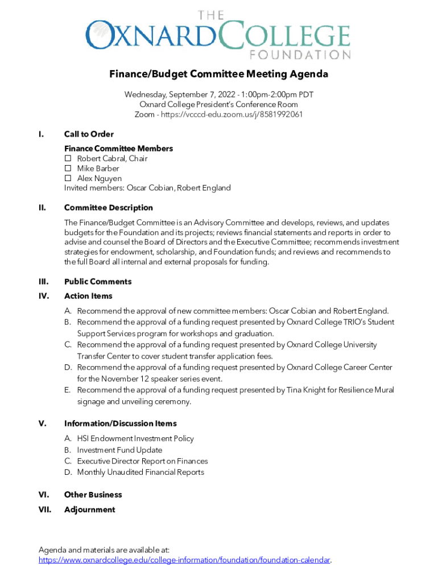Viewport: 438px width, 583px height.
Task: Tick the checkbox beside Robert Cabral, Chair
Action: pos(67,158)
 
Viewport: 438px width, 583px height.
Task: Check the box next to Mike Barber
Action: pos(67,169)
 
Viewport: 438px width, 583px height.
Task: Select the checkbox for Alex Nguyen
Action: pos(67,179)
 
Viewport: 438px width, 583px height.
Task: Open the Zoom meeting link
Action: pos(232,114)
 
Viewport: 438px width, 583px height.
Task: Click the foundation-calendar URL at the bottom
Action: pos(184,560)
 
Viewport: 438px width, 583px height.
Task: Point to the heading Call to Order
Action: pos(89,134)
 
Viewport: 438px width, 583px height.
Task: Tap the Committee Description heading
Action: pos(108,208)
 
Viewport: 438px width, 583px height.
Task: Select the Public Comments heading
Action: pos(98,282)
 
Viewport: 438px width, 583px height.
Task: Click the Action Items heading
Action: pos(88,296)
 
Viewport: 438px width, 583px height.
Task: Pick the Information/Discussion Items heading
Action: pos(120,424)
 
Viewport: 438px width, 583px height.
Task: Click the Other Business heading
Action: pos(93,495)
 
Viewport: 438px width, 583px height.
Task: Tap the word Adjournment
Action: pos(89,510)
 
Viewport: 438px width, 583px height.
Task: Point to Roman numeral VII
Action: pos(45,510)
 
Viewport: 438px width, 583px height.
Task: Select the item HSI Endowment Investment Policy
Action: pos(135,438)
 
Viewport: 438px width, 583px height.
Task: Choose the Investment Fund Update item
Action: pos(119,450)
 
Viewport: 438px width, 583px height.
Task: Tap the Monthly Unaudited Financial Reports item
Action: pos(141,472)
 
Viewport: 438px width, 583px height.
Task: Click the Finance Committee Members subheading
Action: pos(118,149)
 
